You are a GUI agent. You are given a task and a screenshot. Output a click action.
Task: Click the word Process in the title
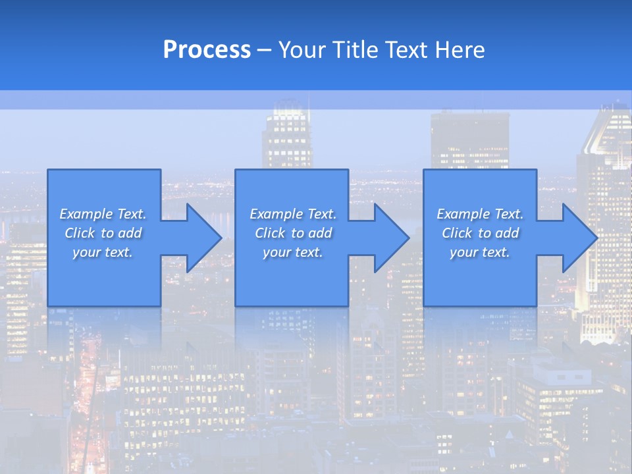click(x=207, y=50)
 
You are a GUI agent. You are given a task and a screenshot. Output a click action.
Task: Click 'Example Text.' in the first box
click(x=103, y=214)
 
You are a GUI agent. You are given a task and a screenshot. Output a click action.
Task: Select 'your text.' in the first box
click(x=103, y=252)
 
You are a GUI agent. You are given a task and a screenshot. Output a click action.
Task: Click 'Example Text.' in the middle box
click(x=293, y=214)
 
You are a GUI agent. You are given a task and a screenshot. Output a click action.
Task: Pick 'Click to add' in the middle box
click(x=293, y=233)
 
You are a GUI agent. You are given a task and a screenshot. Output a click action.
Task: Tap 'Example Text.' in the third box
click(x=480, y=214)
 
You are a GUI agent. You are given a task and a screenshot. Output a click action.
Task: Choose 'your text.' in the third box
click(x=480, y=252)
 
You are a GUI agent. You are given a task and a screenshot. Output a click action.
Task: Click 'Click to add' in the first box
click(x=103, y=233)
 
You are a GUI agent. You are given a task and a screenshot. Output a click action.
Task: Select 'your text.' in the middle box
click(x=293, y=252)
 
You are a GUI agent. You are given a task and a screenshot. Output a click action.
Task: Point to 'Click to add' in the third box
click(x=480, y=233)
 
